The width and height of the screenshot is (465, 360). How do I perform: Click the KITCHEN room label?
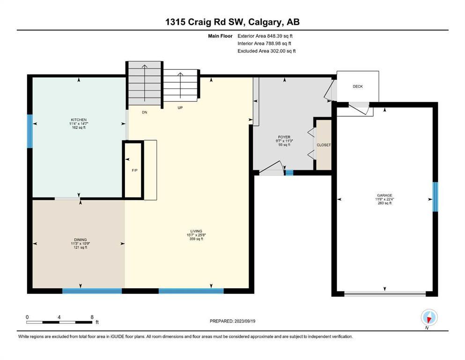coord(79,120)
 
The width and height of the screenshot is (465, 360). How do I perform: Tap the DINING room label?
coord(81,240)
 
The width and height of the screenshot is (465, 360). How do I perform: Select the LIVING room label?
coord(196,231)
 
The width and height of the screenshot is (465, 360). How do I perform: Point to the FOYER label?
coord(284,137)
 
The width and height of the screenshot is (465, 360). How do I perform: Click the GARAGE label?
coord(384,195)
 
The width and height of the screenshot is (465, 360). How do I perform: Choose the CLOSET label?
coord(324,145)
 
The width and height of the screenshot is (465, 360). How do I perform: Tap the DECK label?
coord(358,86)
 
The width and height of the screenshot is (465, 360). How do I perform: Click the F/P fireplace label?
coord(135,170)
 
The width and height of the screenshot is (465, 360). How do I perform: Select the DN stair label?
coord(144,112)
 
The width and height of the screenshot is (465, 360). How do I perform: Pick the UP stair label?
coord(180,108)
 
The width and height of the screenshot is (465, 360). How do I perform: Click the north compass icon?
coord(429,317)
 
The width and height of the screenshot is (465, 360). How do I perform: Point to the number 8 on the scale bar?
coord(92,317)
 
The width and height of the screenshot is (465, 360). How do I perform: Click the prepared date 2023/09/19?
coord(244,321)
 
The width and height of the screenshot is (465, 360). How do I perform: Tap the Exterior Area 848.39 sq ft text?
coord(265,36)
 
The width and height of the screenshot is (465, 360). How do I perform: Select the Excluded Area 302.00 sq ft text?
coord(266,51)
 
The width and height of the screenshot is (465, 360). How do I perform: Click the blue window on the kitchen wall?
coord(30,131)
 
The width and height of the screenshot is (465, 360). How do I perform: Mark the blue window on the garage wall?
coord(435,197)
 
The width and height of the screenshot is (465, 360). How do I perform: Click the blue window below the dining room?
coord(92,291)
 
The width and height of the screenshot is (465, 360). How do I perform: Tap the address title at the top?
coord(232,22)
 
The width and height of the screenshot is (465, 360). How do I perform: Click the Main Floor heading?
coord(220,36)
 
